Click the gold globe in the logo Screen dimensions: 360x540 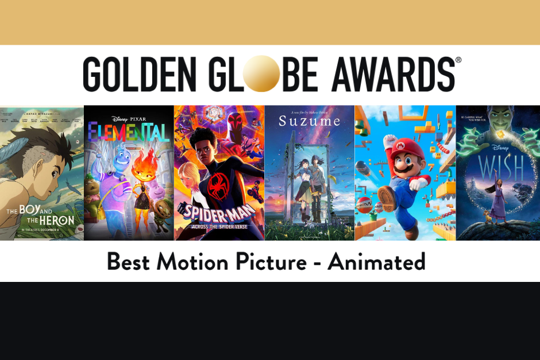point(264,74)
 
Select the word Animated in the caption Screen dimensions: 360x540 point(376,262)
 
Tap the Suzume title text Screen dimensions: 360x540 point(309,122)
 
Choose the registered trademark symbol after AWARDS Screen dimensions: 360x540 point(458,60)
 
